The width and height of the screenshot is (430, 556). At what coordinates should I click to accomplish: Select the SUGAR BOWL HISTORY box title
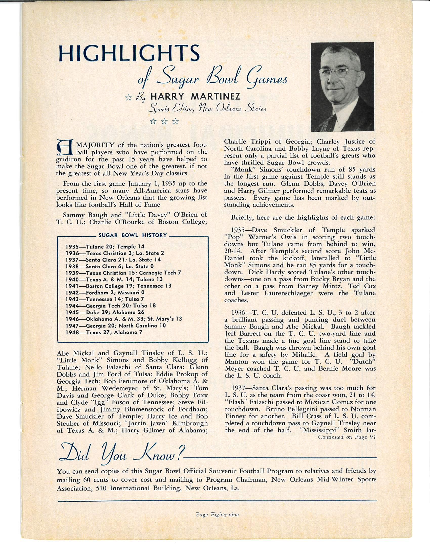[x=133, y=235]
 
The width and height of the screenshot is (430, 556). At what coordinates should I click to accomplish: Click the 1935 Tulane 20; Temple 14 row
[x=105, y=246]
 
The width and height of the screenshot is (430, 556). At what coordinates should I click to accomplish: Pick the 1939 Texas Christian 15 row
[x=123, y=273]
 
